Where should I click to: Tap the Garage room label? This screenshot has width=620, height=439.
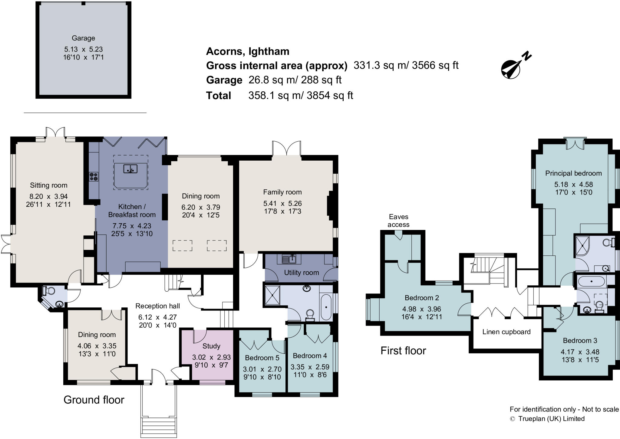click(x=83, y=38)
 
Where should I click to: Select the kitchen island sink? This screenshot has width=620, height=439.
click(x=130, y=169)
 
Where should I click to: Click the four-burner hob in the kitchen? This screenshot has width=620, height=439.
click(x=94, y=176)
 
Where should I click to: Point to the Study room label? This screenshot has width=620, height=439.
click(x=211, y=346)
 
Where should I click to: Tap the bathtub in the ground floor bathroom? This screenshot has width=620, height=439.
click(x=326, y=307)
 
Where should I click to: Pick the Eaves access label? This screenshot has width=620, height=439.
click(x=398, y=221)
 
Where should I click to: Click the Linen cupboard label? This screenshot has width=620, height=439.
click(x=506, y=332)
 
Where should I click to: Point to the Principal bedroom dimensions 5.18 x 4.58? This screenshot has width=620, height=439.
click(x=573, y=185)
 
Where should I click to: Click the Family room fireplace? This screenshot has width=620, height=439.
click(x=330, y=206)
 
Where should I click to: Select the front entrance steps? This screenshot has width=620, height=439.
click(x=159, y=427)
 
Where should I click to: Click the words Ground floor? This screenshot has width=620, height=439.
click(x=94, y=400)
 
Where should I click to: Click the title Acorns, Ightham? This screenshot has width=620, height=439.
click(x=248, y=51)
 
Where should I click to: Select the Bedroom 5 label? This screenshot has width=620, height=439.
click(x=262, y=358)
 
